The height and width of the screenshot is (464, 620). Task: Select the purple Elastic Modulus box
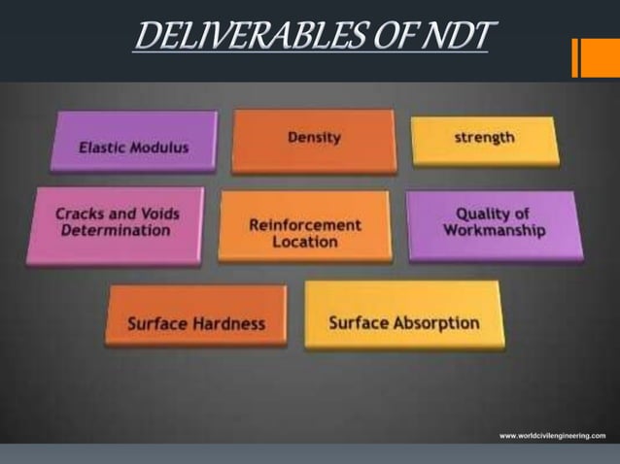coord(134,144)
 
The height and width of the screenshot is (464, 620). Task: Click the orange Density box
coord(314,140)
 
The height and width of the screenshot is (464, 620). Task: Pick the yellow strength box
coord(485,139)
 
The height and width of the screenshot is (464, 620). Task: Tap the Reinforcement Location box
coord(304,227)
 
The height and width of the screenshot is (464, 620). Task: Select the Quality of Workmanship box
coord(495,224)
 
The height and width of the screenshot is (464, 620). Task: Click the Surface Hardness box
coord(196,316)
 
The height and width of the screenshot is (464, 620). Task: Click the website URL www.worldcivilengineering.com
coord(552,436)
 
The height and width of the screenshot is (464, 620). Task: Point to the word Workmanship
coord(495,231)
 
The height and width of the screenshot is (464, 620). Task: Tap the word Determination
coord(115,231)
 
